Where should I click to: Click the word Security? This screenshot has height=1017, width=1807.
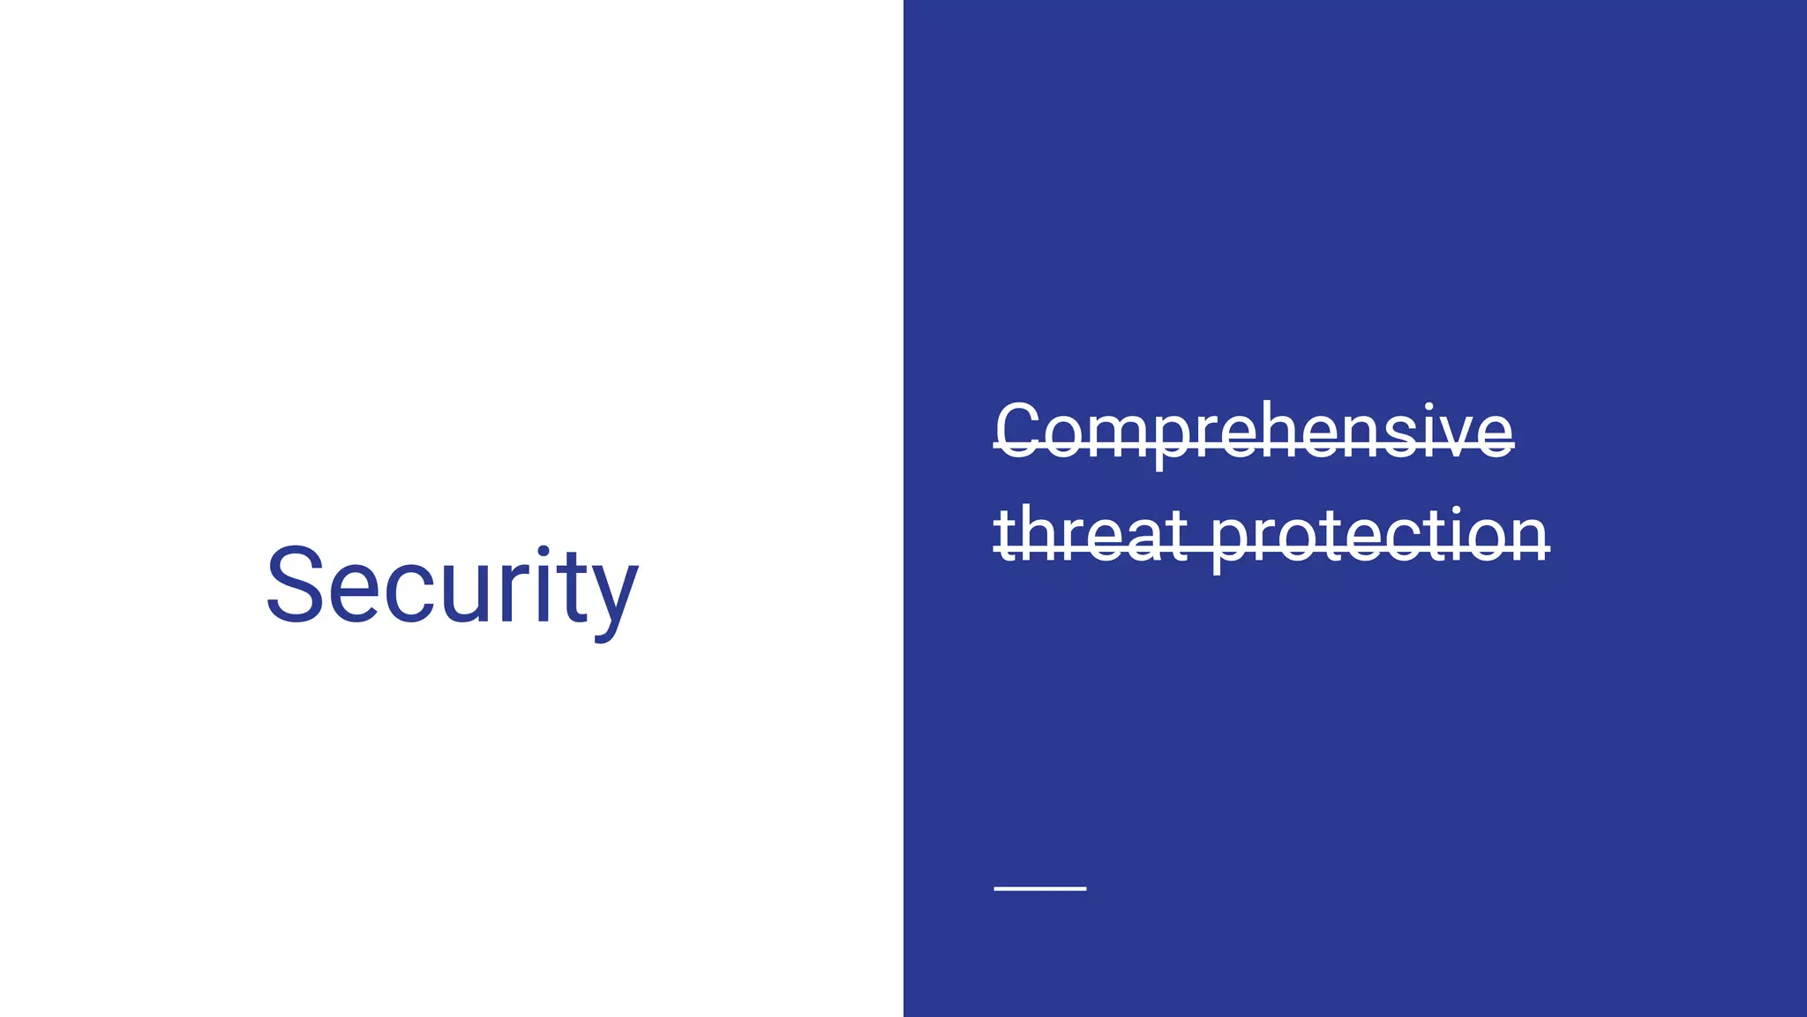[x=451, y=587]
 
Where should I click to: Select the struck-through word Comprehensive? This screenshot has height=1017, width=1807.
[x=1254, y=431]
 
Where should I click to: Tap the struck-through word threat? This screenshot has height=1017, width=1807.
[x=1091, y=534]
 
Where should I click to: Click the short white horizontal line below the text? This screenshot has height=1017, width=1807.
[x=1039, y=888]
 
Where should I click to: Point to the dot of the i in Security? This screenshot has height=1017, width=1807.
[x=544, y=554]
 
